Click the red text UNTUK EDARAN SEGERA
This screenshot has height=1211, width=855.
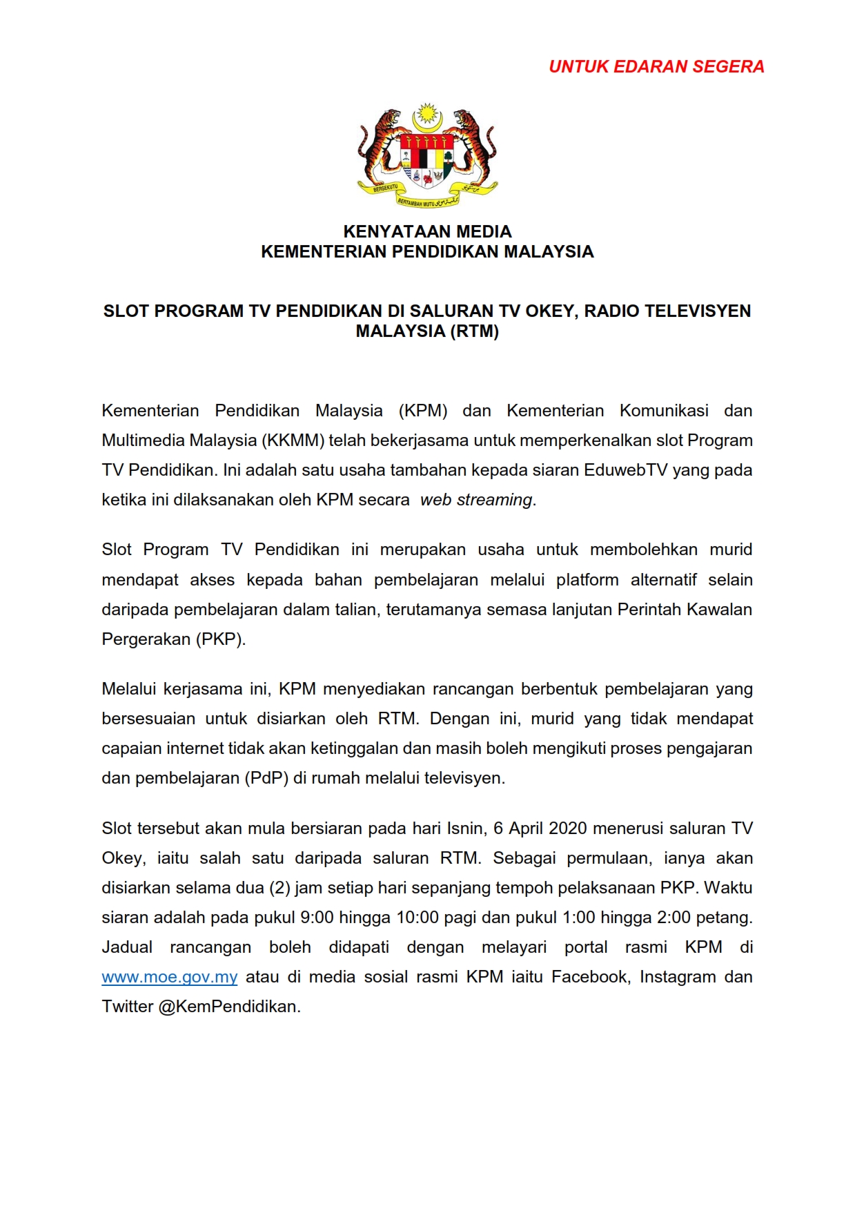coord(656,67)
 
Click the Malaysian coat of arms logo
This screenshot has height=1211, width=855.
coord(427,155)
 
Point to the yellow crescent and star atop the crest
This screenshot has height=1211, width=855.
coord(427,117)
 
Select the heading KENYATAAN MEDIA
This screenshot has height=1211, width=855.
coord(427,231)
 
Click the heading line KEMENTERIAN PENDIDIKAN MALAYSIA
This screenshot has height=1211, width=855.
coord(427,251)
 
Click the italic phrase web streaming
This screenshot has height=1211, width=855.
coord(476,500)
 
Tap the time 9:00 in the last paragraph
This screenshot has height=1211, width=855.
coord(317,918)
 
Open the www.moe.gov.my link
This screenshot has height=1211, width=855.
coord(170,977)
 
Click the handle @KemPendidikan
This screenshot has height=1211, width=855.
coord(228,1007)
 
